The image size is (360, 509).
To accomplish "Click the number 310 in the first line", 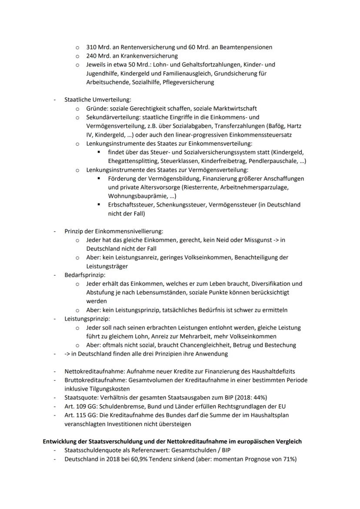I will click(91, 47).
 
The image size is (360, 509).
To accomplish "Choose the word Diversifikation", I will click(269, 284).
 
